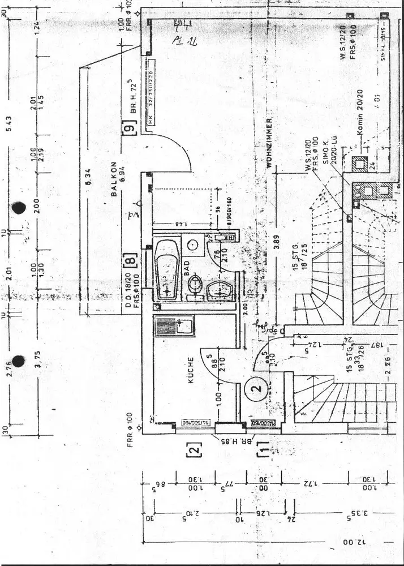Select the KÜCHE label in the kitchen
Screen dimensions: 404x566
pos(191,371)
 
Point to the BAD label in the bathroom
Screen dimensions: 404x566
pos(187,266)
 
